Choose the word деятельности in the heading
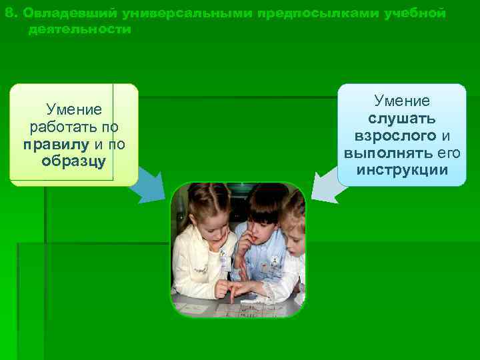[x=79, y=30]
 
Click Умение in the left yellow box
[x=73, y=109]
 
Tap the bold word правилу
[x=51, y=144]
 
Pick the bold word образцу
[x=73, y=161]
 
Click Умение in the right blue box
[x=402, y=101]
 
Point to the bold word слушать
[x=402, y=118]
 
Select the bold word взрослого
[x=395, y=135]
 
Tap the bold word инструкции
[x=402, y=170]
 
